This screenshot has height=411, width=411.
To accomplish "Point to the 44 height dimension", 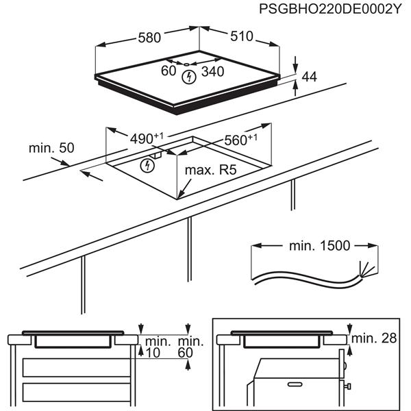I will coord(309,78).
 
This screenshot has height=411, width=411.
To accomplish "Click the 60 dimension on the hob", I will coord(169,70).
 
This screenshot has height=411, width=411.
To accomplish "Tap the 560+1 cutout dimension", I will coord(240,140).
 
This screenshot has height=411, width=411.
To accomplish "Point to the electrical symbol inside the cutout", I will coord(146,165).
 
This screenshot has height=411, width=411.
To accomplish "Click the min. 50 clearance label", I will coord(51,148).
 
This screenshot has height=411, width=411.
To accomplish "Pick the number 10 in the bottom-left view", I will coord(152,353).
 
